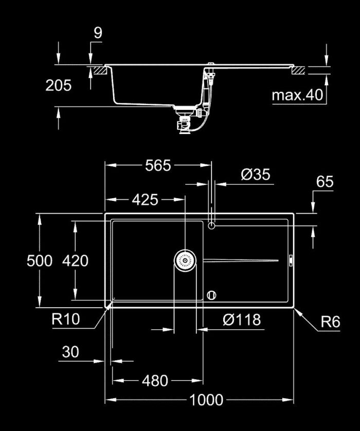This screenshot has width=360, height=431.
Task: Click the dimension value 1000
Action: pos(206,400)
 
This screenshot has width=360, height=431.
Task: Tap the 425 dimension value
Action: pos(145,199)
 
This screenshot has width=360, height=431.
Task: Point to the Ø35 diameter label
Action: pos(255,175)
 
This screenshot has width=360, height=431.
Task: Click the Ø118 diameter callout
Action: pos(242,320)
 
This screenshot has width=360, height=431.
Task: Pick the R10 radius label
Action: pos(66,320)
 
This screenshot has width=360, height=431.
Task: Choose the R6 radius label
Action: pos(331,322)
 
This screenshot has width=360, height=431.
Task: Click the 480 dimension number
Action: pos(155,381)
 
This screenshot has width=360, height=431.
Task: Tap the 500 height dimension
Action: pos(40,261)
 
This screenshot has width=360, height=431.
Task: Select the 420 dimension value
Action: pos(75,261)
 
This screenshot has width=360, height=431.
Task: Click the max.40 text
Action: pos(297,95)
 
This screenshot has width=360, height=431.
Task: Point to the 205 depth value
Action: pos(59,85)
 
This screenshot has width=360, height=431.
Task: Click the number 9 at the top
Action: pos(98,33)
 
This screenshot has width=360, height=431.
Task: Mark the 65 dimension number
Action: pos(325,181)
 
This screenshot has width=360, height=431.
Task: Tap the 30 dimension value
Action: pos(70,352)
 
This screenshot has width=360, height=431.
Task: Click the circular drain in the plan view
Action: pos(185,261)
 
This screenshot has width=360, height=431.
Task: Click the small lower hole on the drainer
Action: pos(211,295)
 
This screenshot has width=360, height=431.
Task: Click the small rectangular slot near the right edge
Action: pos(289,261)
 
